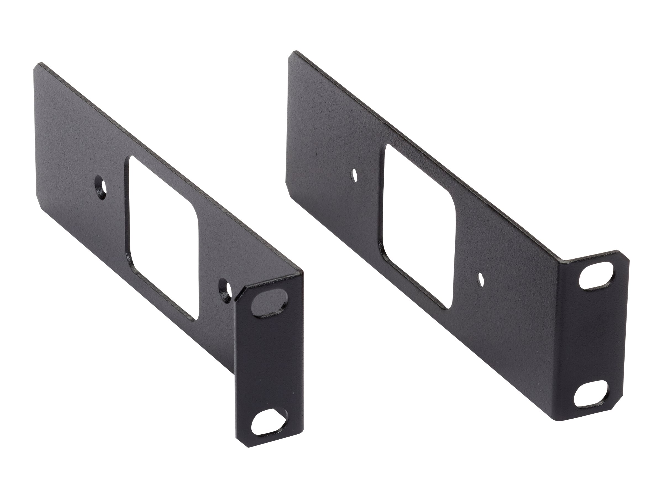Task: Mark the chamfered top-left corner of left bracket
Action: (x=38, y=66)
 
